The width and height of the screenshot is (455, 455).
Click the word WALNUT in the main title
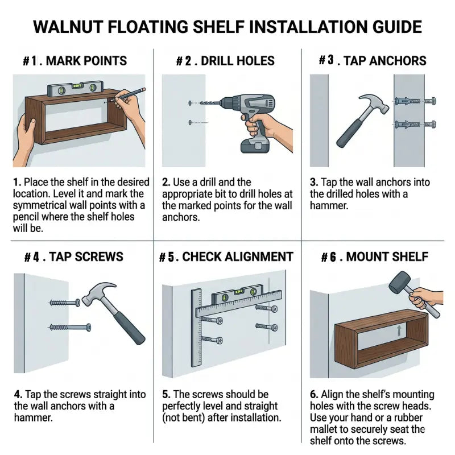68,27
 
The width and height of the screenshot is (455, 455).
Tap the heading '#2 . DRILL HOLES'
225,61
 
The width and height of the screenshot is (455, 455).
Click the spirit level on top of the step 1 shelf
76,88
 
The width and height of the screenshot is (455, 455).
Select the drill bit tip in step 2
201,103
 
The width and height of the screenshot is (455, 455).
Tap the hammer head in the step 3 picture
374,103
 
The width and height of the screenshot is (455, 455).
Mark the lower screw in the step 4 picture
69,328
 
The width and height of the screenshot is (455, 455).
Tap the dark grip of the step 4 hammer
129,328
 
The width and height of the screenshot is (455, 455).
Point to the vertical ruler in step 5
196,328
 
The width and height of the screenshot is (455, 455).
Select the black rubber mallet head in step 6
398,282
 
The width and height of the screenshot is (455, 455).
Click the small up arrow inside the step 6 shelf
399,330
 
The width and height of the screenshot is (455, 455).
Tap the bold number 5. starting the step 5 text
166,395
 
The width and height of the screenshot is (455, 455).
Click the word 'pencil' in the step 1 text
26,217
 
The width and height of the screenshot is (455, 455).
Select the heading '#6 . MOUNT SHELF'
375,257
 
